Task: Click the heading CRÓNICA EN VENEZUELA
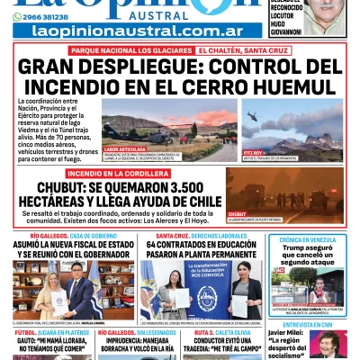coord(308,240)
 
